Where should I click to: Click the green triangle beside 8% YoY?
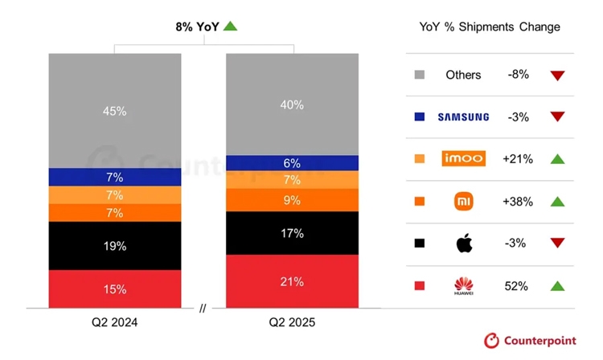(230, 27)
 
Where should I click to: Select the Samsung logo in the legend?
(463, 117)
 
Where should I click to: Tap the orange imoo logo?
(464, 159)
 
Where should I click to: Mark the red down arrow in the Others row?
(558, 76)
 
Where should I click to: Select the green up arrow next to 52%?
(558, 286)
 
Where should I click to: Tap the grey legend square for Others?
(420, 75)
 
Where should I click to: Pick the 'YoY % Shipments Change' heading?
(490, 27)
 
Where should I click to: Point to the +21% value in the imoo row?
(518, 159)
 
